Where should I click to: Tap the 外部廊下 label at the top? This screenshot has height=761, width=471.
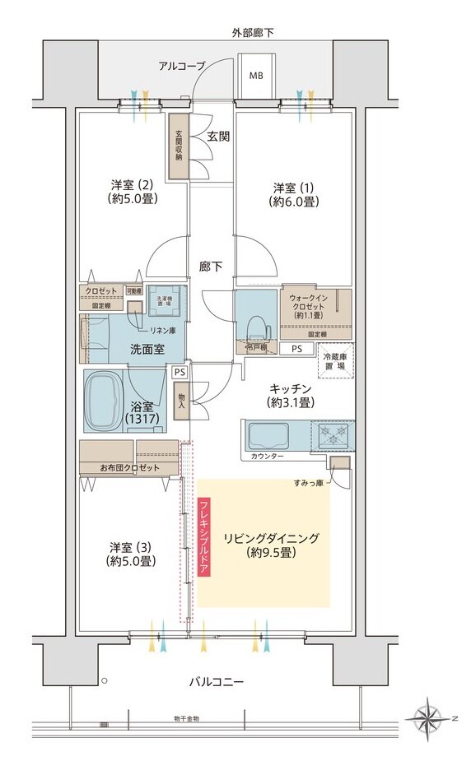tap(253, 32)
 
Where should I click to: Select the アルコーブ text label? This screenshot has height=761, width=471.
tap(182, 66)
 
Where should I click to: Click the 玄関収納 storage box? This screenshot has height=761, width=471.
tap(176, 146)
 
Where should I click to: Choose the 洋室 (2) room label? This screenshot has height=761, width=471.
tap(133, 192)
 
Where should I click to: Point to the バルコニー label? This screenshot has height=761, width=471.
tap(217, 682)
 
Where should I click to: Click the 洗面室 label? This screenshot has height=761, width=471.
tap(147, 349)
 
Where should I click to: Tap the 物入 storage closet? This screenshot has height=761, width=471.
tap(180, 401)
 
